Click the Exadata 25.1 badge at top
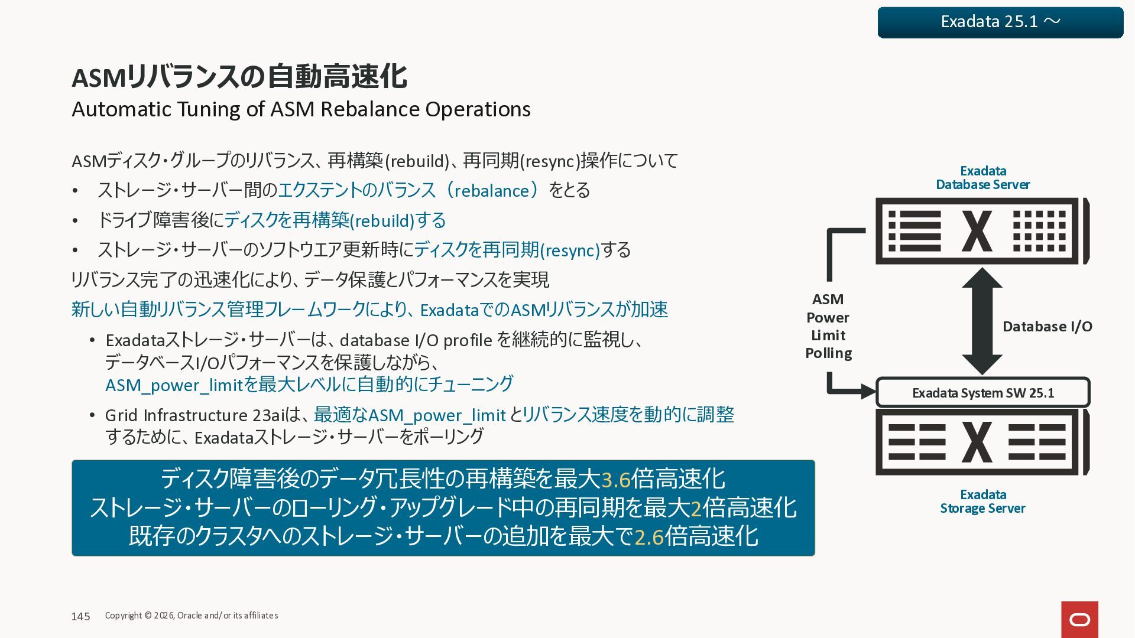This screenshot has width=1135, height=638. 1000,22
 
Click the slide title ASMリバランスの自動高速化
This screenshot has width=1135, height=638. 239,77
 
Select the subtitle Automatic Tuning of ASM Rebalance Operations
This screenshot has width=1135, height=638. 301,109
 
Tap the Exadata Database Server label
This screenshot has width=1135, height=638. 982,178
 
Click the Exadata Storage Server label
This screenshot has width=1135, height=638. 982,502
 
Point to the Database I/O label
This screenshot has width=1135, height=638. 1047,327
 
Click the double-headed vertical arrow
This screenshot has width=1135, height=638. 982,321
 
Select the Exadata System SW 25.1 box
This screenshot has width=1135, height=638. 982,393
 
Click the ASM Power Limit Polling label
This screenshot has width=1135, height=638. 828,326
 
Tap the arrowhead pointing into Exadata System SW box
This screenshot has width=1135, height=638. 868,391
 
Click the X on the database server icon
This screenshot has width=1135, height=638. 977,231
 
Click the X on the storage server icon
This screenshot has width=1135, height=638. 977,442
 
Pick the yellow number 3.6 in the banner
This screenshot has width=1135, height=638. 615,480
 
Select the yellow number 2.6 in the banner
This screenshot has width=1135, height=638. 648,537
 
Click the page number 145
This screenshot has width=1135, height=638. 80,617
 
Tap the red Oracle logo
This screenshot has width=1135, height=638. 1079,619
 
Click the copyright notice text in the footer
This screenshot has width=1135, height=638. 192,616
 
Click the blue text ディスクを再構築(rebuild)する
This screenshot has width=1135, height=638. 335,220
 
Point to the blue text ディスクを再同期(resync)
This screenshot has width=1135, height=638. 507,250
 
